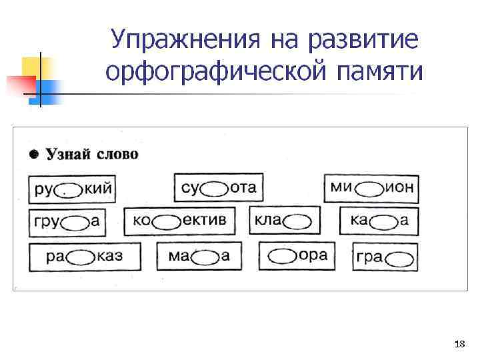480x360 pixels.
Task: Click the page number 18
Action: click(x=459, y=344)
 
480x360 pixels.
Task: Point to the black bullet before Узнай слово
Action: click(x=33, y=155)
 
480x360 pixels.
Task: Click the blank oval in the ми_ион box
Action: click(x=369, y=188)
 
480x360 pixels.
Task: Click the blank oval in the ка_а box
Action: click(x=384, y=221)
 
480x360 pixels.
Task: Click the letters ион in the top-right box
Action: click(x=399, y=187)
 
